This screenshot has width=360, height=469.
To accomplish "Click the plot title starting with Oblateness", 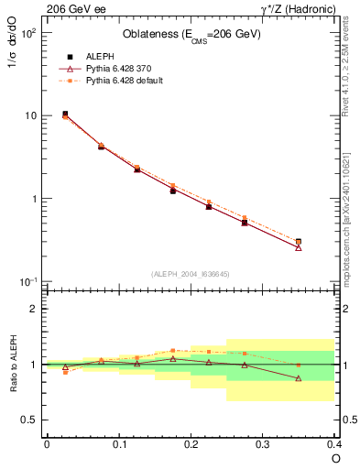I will tap(191, 35).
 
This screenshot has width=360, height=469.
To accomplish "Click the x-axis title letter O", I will tap(335, 458).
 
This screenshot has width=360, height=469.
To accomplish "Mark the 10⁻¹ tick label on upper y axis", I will tap(27, 281).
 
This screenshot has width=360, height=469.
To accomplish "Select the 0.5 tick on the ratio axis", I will tap(29, 420).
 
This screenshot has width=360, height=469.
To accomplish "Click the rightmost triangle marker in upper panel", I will tap(299, 247).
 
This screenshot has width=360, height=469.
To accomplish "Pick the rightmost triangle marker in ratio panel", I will tap(299, 378).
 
